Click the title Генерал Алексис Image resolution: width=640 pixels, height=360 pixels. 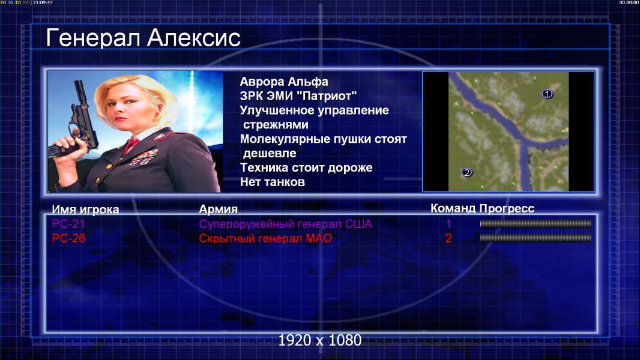(x=143, y=38)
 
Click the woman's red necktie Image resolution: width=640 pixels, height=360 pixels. (x=131, y=144)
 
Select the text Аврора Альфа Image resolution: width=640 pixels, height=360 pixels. (x=283, y=82)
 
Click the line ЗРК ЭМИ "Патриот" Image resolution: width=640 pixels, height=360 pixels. (x=298, y=96)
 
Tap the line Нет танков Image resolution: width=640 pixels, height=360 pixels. (x=272, y=182)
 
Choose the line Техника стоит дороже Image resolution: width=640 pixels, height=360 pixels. (x=306, y=167)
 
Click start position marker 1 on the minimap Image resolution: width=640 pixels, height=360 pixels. (x=547, y=94)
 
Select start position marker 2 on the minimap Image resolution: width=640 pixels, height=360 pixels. (x=466, y=172)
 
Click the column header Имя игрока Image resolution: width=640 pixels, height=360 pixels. (x=85, y=209)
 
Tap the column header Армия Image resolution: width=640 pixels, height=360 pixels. (x=218, y=209)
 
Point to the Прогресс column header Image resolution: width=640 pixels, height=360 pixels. (x=507, y=208)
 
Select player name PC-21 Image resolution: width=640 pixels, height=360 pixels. (x=68, y=224)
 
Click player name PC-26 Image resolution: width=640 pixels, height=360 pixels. (x=68, y=238)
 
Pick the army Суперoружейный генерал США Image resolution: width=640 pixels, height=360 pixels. (x=285, y=224)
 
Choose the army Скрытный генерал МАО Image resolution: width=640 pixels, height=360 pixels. (x=265, y=238)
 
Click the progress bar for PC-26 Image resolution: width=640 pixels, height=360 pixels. (x=536, y=238)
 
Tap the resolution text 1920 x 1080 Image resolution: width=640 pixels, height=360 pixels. (x=320, y=340)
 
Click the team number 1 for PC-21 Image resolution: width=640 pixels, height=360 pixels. (x=448, y=224)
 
